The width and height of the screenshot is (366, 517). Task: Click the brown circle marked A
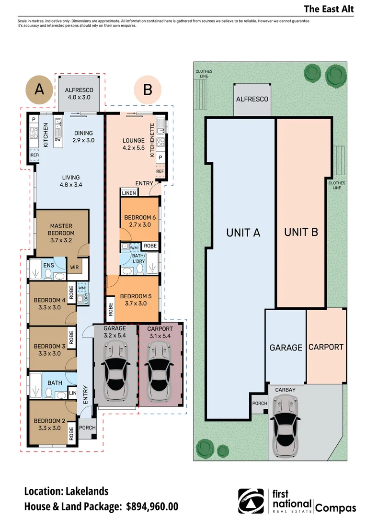click(39, 90)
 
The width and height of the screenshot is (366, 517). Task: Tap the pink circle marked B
click(148, 90)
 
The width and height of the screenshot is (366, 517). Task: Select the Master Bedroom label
click(61, 233)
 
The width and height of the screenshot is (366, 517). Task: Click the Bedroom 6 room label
click(140, 221)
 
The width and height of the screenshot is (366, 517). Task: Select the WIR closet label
click(74, 268)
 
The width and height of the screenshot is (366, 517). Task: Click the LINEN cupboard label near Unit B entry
click(129, 193)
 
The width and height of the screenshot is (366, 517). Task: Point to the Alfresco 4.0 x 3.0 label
click(79, 94)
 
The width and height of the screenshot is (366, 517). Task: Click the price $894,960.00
click(152, 506)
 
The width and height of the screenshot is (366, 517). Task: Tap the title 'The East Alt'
click(329, 9)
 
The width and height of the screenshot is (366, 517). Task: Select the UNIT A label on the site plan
click(243, 233)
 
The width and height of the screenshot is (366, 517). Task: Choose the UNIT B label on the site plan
click(301, 232)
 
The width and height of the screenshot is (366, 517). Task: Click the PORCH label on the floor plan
click(88, 427)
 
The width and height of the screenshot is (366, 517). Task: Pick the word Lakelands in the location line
click(87, 491)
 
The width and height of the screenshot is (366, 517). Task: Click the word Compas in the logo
click(336, 507)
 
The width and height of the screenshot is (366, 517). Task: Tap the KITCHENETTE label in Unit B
click(152, 140)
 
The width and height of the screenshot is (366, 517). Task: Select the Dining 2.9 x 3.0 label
click(83, 136)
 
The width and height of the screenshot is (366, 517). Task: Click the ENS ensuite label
click(48, 265)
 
